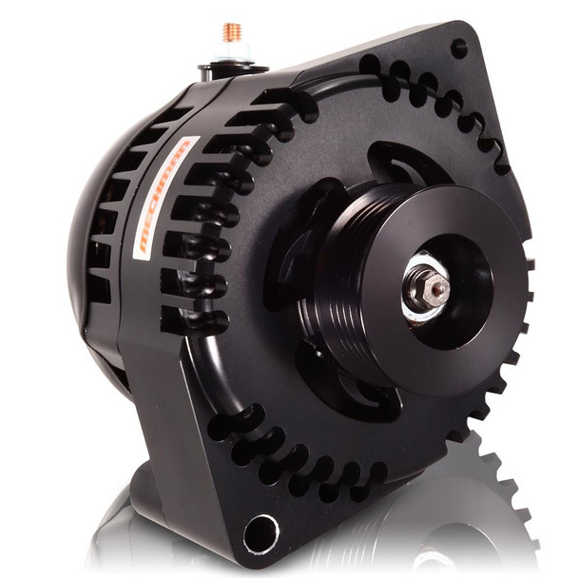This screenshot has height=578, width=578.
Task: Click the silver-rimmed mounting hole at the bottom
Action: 260,531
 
